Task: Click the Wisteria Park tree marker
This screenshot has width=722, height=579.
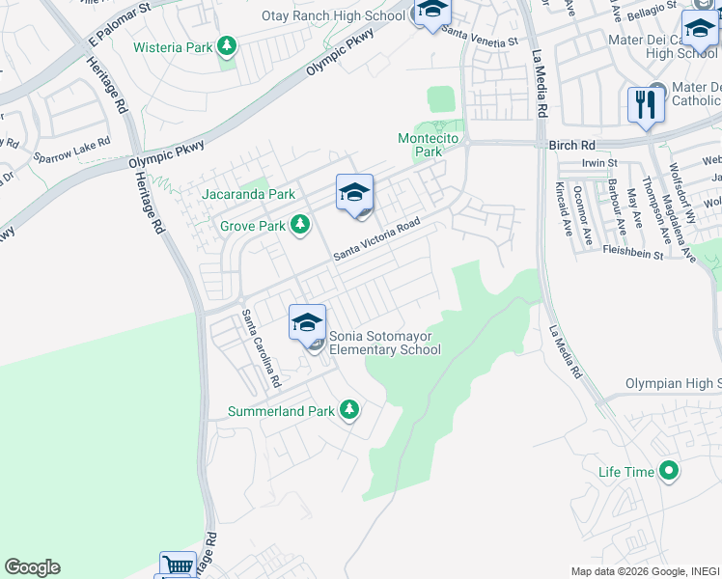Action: (x=227, y=46)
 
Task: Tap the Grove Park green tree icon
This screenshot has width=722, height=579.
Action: (x=300, y=225)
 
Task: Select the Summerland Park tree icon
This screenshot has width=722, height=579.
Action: (x=349, y=411)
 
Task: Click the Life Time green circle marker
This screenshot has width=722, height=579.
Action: (x=667, y=472)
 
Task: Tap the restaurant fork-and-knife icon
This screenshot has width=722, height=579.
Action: (x=645, y=104)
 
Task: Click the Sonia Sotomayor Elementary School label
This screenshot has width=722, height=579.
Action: (x=385, y=343)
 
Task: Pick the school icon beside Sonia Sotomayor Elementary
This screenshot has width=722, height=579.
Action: (x=307, y=322)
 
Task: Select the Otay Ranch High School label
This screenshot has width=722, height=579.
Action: (x=333, y=16)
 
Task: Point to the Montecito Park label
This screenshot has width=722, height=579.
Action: (x=433, y=145)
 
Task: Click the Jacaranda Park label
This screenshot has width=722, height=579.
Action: (x=248, y=194)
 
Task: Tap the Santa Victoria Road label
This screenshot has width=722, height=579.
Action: (x=377, y=238)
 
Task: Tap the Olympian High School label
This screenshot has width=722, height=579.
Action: (x=673, y=384)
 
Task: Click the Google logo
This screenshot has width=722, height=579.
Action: (x=32, y=567)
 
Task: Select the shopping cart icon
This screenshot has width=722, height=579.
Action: (x=178, y=565)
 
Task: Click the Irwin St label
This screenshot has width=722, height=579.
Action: (x=598, y=165)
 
